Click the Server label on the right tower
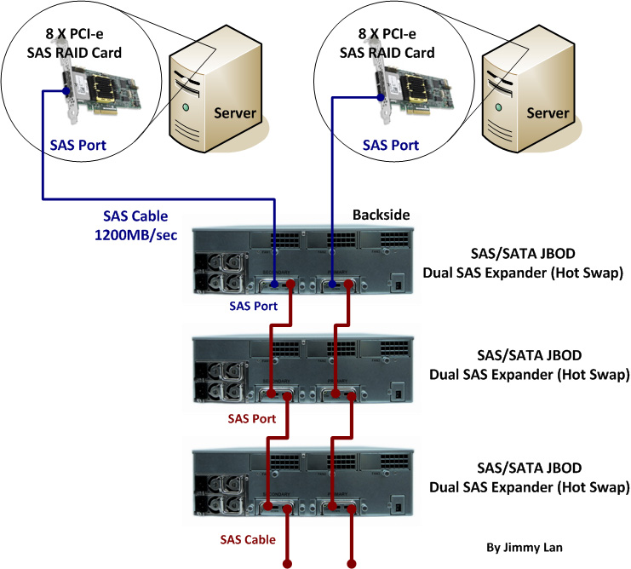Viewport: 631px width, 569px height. point(547,113)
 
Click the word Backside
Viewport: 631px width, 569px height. point(381,215)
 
